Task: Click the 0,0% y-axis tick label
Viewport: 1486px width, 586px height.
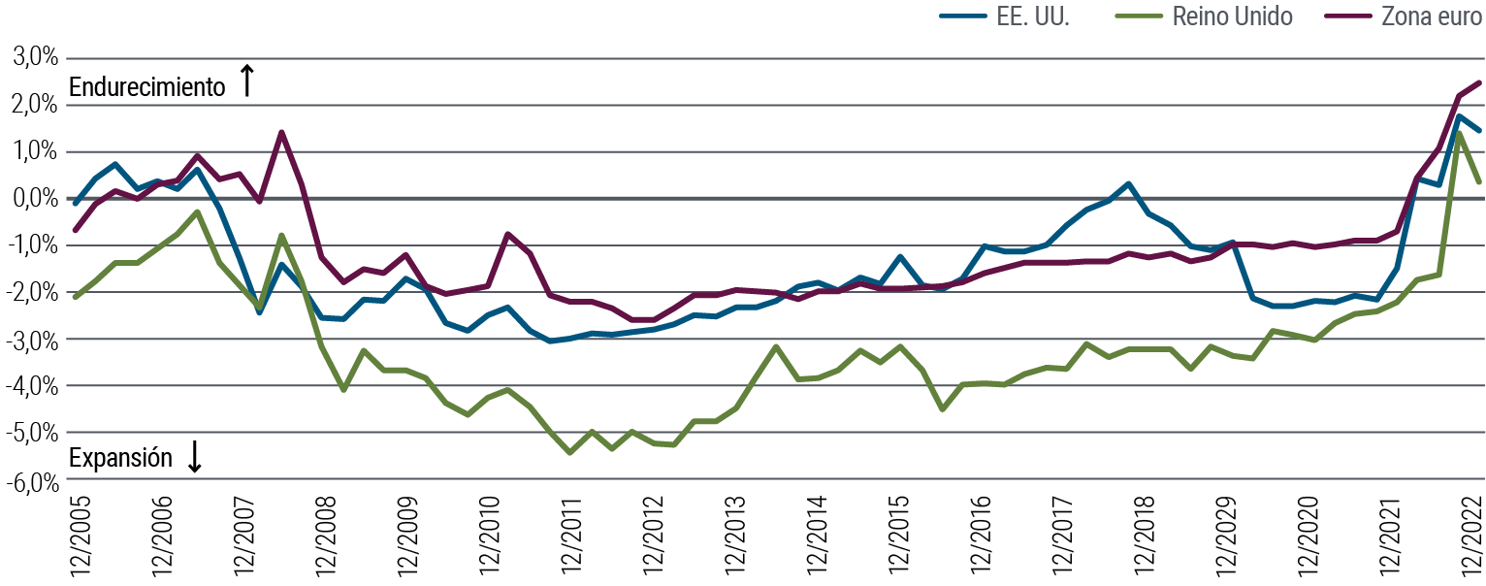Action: pos(35,198)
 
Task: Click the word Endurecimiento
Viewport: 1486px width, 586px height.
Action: pos(145,86)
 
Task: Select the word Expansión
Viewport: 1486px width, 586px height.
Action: pos(119,458)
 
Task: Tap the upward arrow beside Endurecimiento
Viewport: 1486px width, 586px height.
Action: pos(246,81)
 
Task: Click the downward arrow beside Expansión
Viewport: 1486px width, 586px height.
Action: pos(194,457)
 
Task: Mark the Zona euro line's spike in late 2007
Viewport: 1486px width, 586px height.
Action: pos(281,132)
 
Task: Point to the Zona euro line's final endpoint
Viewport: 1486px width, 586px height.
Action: pos(1479,82)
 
